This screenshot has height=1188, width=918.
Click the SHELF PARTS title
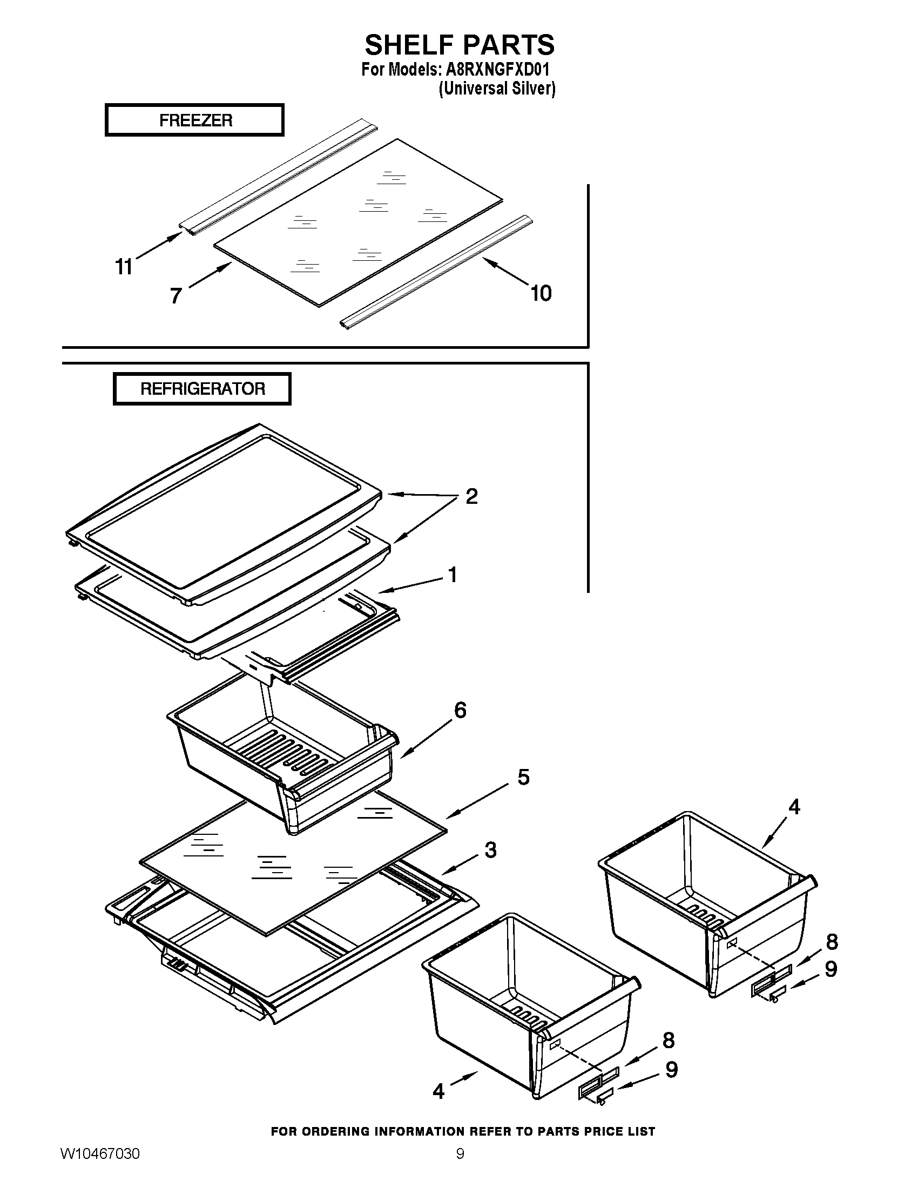point(459,45)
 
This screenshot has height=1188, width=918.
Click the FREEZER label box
point(195,120)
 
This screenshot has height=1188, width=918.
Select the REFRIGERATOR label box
point(202,389)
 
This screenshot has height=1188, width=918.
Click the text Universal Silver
point(497,89)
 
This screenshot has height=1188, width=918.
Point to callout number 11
point(124,267)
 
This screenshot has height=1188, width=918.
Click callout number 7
point(175,296)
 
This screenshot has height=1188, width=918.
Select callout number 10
point(541,293)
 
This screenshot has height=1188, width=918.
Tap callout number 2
point(471,496)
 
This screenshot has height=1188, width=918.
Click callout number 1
point(452,575)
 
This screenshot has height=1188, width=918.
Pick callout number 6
point(460,710)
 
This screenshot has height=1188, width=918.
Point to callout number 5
point(523,777)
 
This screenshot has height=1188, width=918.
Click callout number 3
point(490,849)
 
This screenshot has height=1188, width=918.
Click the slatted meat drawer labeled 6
point(283,756)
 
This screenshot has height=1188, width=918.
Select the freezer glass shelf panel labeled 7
point(359,223)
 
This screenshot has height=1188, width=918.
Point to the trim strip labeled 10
point(435,272)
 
